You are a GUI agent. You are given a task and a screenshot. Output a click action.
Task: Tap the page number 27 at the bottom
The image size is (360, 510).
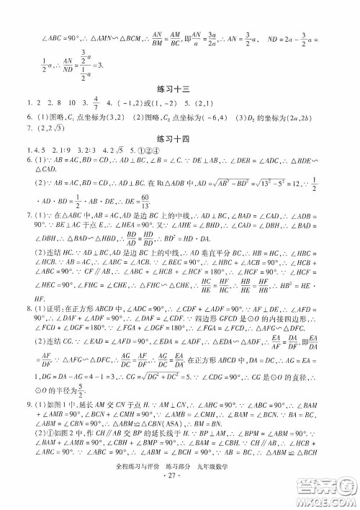click(181, 496)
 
